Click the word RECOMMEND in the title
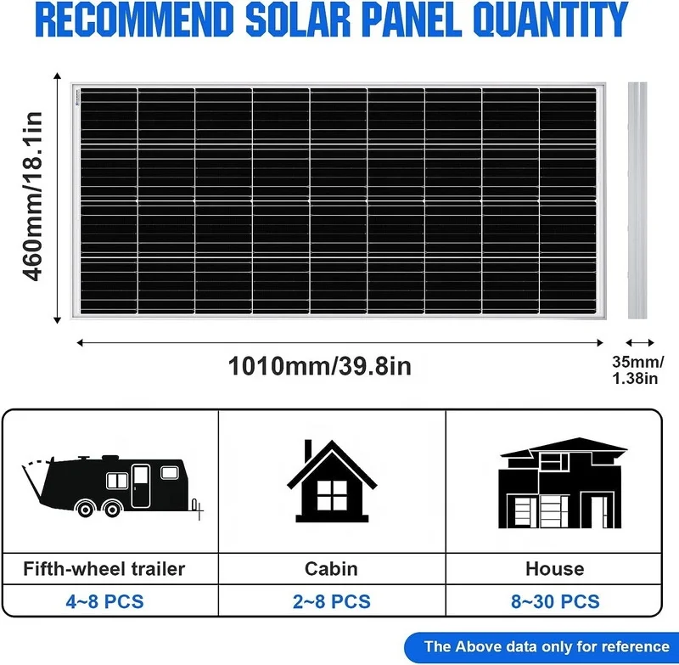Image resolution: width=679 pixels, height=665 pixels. coord(136,20)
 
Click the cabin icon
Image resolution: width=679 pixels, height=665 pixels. coord(332,484)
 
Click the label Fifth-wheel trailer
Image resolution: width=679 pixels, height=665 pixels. coord(105,568)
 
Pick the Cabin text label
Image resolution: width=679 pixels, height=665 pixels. coord(332,568)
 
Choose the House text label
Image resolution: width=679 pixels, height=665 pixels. coord(555,568)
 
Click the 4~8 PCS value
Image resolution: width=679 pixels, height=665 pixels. coord(105,602)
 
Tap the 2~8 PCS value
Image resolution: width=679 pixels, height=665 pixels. coord(332,602)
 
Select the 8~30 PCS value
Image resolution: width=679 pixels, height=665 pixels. coord(555,602)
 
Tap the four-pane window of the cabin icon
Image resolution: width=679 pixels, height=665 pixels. coord(333,494)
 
